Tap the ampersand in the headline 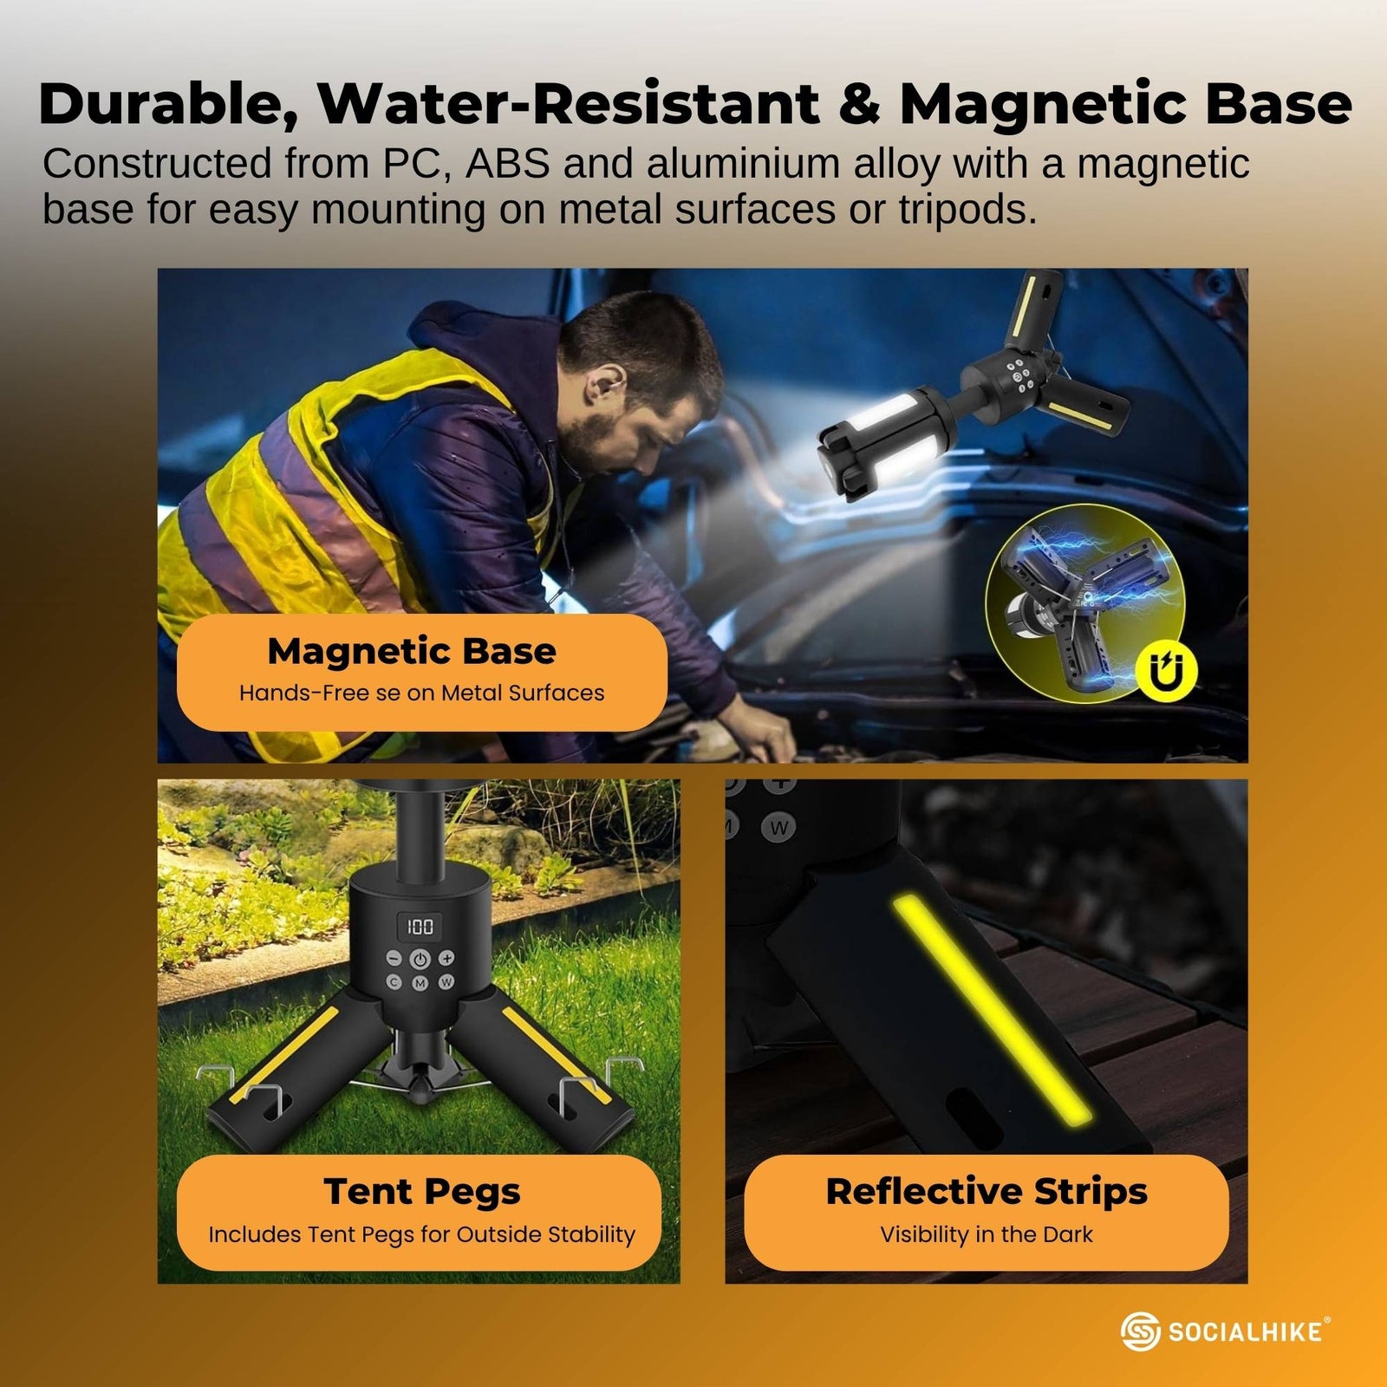tap(858, 105)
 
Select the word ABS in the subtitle tap(507, 164)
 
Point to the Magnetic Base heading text tap(412, 651)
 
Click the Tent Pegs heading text tap(422, 1191)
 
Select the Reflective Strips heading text tap(987, 1191)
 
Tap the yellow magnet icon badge tap(1166, 671)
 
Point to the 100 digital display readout tap(420, 927)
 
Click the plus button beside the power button tap(446, 958)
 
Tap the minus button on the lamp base tap(394, 959)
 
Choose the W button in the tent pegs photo tap(446, 982)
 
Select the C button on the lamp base tap(394, 982)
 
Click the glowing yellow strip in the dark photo tap(993, 1010)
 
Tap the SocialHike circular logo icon tap(1140, 1332)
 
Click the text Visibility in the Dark tap(987, 1234)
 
